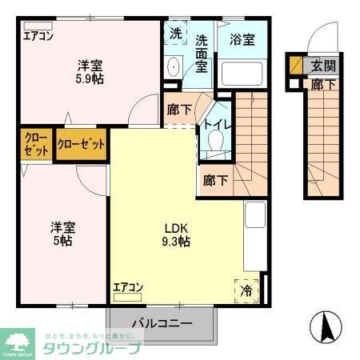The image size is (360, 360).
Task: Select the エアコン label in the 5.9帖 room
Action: (x=38, y=35)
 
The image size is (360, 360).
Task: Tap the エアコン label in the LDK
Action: (x=127, y=286)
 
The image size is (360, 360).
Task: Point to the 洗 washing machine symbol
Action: (x=175, y=34)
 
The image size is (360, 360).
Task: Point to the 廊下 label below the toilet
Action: (x=214, y=180)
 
